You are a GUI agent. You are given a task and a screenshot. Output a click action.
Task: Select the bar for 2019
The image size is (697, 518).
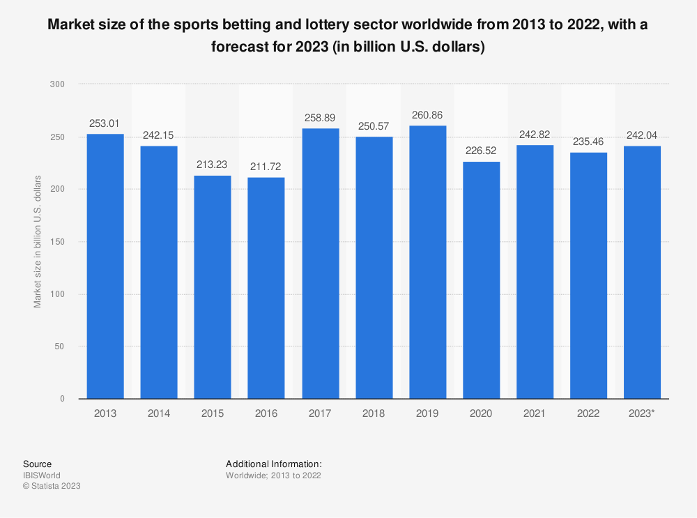427,262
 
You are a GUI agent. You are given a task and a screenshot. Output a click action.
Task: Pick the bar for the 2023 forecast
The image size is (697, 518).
642,272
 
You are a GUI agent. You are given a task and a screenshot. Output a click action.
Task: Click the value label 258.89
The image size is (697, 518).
320,118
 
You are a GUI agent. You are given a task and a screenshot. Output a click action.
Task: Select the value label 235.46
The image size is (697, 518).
588,142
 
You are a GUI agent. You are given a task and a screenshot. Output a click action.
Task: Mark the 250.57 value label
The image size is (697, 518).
374,126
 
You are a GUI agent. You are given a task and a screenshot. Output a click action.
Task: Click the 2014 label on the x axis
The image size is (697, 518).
159,413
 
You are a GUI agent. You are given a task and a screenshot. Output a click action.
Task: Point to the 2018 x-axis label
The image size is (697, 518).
374,413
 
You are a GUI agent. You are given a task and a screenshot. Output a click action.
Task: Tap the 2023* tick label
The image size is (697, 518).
642,413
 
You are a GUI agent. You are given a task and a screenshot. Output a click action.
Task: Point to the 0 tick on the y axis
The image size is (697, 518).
62,399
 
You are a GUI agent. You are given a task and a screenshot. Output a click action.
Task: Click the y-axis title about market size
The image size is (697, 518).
38,242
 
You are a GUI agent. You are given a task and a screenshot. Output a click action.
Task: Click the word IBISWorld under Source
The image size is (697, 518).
42,475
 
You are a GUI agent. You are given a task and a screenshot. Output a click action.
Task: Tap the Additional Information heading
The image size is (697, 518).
274,464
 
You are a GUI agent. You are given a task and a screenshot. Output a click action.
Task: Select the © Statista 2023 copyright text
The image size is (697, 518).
52,487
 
